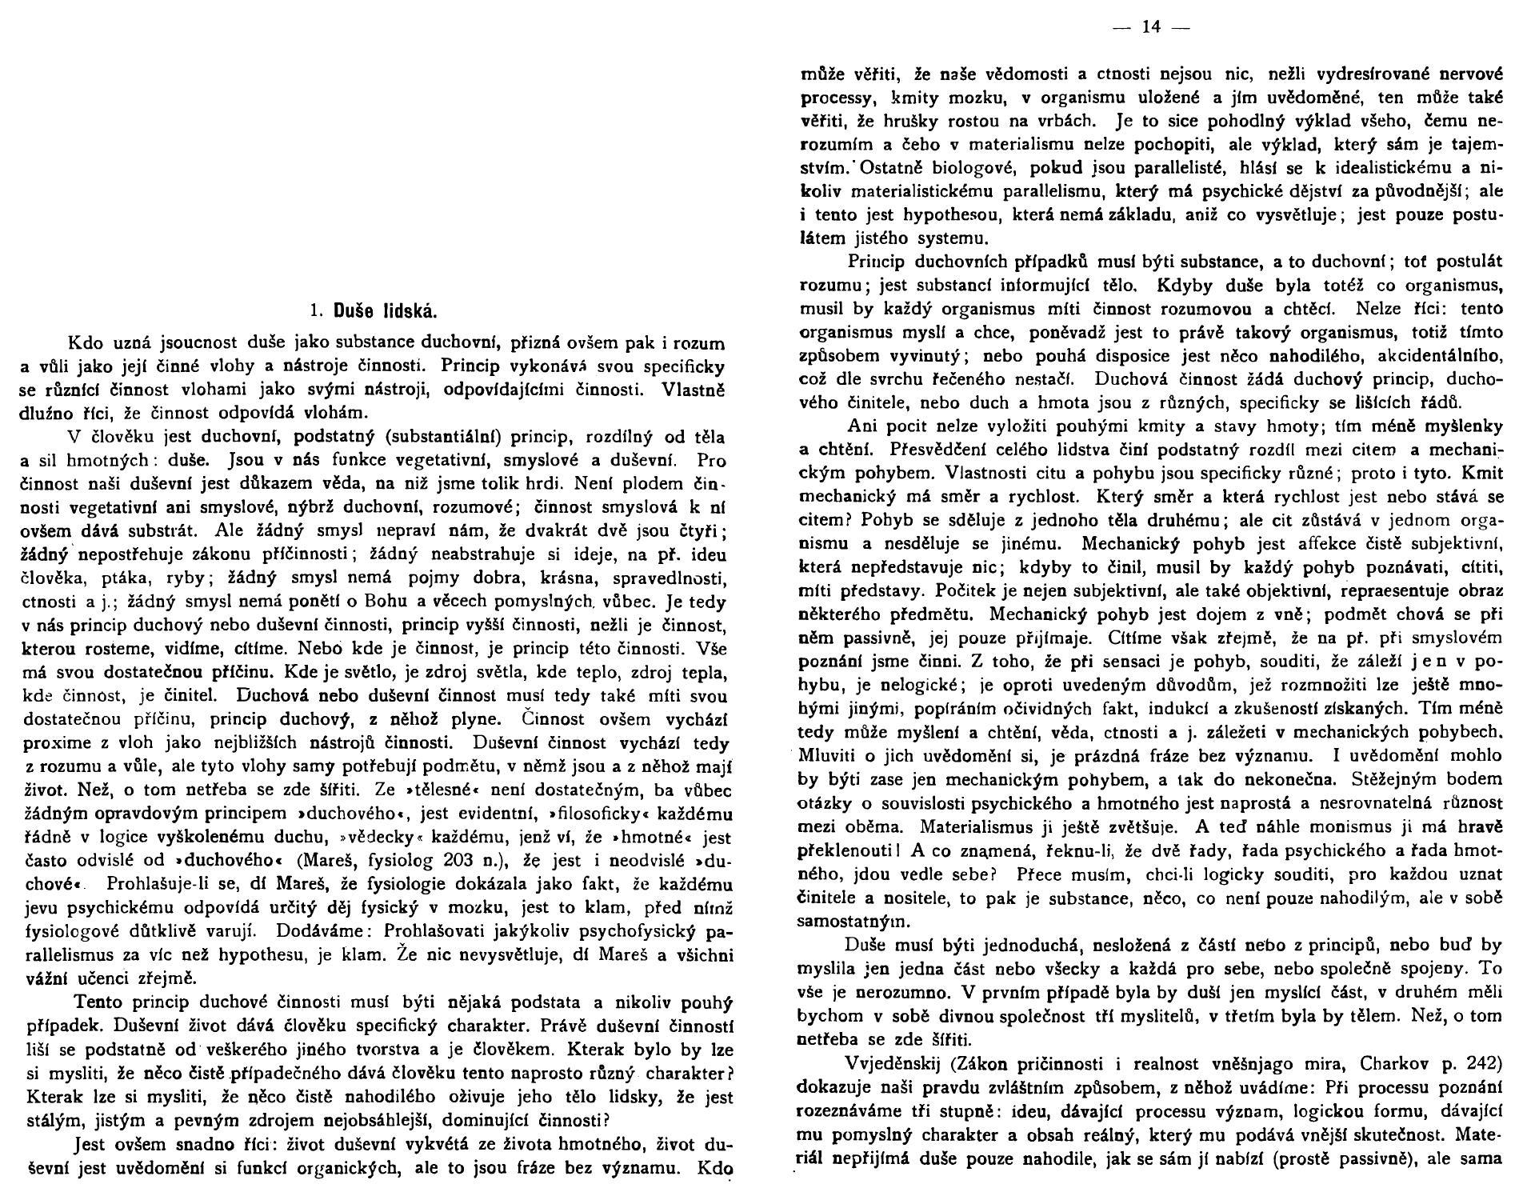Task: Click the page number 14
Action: pyautogui.click(x=1150, y=28)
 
